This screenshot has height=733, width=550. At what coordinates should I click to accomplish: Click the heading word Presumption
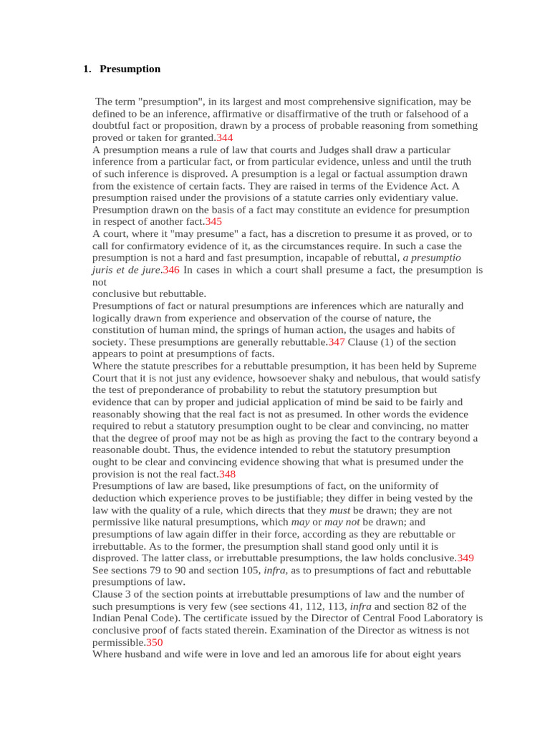pos(130,69)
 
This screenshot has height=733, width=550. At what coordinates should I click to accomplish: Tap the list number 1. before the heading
pos(87,69)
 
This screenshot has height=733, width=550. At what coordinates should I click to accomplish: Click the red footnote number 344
pos(225,137)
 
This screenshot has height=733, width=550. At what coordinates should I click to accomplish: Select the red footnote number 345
pos(213,222)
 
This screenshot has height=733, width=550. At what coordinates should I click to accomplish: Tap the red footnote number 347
pos(337,342)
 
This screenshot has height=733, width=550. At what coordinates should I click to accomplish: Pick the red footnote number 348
pos(227,474)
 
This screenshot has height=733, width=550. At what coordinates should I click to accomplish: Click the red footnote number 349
pos(465,558)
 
